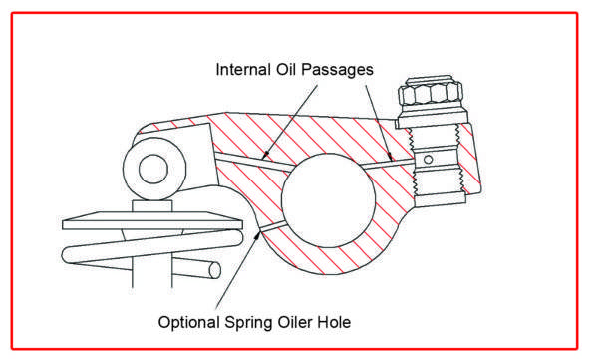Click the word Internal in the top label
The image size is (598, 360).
pyautogui.click(x=241, y=70)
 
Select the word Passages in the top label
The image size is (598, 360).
pyautogui.click(x=337, y=70)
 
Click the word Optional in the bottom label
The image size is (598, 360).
pyautogui.click(x=188, y=322)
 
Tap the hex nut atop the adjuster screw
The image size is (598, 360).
pyautogui.click(x=431, y=92)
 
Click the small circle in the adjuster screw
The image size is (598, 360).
pyautogui.click(x=428, y=160)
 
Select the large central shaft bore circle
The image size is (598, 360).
pyautogui.click(x=328, y=200)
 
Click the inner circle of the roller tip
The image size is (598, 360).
pyautogui.click(x=153, y=169)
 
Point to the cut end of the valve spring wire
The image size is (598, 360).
pyautogui.click(x=214, y=270)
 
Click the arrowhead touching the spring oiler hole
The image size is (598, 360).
pyautogui.click(x=258, y=234)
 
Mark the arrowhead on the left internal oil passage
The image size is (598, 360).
pyautogui.click(x=265, y=155)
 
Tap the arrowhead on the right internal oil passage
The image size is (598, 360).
pyautogui.click(x=390, y=157)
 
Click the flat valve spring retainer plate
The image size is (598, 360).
pyautogui.click(x=152, y=220)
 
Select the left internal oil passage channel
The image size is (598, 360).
pyautogui.click(x=253, y=161)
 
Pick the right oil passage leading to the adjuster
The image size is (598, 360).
pyautogui.click(x=387, y=164)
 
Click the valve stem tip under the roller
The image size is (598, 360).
pyautogui.click(x=152, y=206)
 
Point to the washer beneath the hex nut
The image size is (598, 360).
pyautogui.click(x=432, y=116)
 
